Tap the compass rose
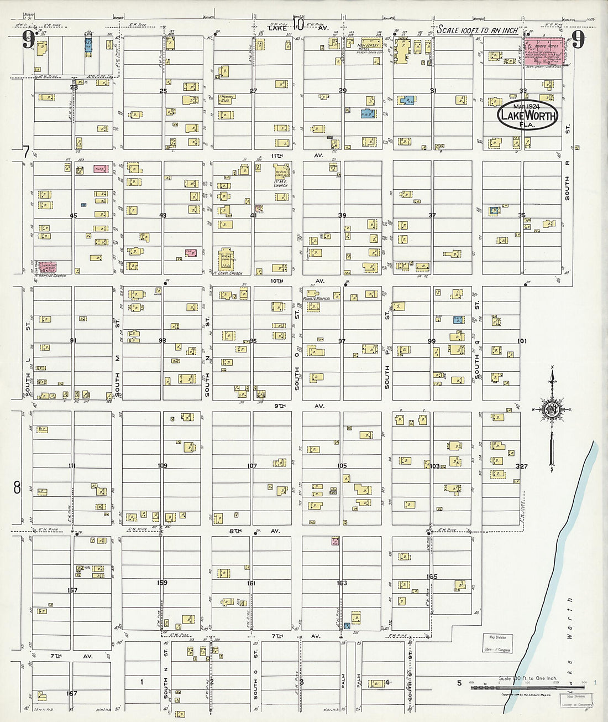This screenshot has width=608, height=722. click(x=551, y=410)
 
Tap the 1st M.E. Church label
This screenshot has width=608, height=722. click(x=280, y=183)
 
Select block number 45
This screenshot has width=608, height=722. click(x=73, y=215)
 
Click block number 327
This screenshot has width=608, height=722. click(x=521, y=466)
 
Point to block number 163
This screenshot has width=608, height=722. click(x=342, y=583)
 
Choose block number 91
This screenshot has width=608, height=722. click(x=73, y=340)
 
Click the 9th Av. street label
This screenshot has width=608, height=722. click(x=298, y=406)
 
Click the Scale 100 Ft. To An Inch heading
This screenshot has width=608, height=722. click(x=477, y=30)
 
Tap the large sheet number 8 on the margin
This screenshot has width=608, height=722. click(x=17, y=487)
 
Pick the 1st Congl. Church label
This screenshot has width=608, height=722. click(x=227, y=273)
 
